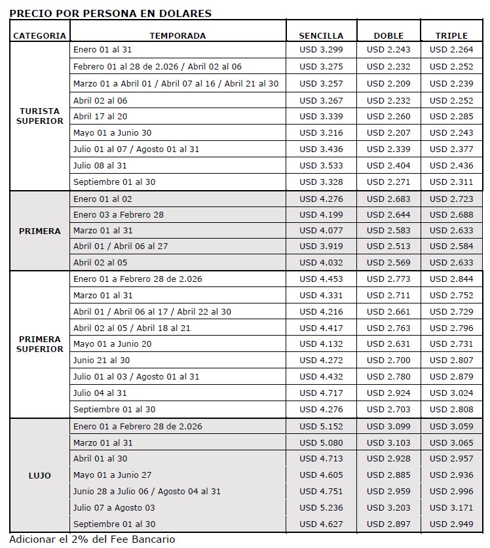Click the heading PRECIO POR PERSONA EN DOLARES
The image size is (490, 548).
[111, 13]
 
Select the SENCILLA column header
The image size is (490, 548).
[321, 35]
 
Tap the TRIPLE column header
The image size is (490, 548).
[451, 35]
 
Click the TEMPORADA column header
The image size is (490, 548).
[178, 35]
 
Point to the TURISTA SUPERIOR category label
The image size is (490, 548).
[40, 116]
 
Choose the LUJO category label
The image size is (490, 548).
[40, 475]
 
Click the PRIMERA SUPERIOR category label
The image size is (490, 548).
[40, 344]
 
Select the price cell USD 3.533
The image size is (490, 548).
[321, 166]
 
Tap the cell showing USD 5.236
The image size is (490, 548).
[321, 508]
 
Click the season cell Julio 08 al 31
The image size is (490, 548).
[100, 166]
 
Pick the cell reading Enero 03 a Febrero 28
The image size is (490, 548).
[119, 215]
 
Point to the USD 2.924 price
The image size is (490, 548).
[388, 393]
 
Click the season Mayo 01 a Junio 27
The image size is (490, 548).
[113, 475]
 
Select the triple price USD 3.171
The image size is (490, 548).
[451, 508]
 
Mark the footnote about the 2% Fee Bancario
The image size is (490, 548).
[92, 539]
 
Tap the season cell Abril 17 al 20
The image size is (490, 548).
[100, 117]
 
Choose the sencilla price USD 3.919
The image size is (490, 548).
[321, 246]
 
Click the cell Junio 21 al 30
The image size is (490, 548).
[102, 361]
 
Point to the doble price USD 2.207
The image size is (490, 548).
[388, 133]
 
